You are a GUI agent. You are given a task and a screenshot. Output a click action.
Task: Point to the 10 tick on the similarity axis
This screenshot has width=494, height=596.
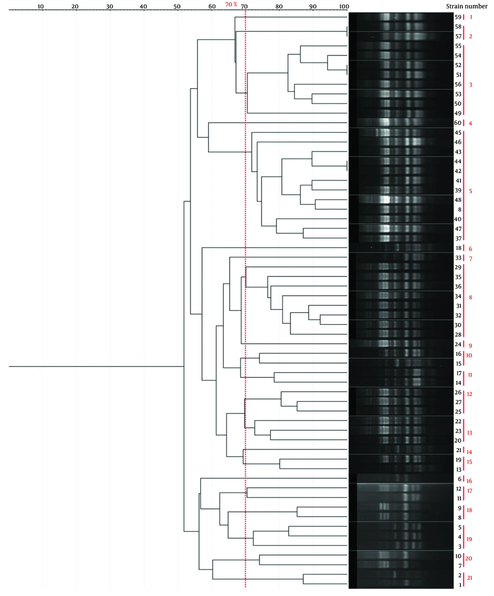click(41, 6)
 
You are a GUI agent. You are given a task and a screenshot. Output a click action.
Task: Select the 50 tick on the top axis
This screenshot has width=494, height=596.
click(177, 6)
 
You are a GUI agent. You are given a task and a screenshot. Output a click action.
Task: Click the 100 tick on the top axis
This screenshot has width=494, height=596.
click(343, 6)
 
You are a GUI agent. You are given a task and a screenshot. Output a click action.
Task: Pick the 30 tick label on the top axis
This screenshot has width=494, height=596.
click(109, 6)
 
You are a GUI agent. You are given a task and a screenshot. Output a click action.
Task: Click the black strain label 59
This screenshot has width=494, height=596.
click(458, 17)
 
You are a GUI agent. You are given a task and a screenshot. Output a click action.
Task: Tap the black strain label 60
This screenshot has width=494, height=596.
click(458, 123)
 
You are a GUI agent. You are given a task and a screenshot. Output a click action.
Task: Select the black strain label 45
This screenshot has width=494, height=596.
click(458, 133)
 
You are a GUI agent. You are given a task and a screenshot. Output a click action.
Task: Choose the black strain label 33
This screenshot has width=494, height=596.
click(458, 258)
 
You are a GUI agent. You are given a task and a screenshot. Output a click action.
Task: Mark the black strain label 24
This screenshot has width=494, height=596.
click(458, 344)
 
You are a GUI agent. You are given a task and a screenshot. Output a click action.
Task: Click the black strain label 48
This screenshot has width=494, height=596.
click(458, 200)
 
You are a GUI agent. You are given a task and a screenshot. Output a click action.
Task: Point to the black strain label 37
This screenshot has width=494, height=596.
click(458, 238)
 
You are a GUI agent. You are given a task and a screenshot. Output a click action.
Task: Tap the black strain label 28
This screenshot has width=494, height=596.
click(458, 335)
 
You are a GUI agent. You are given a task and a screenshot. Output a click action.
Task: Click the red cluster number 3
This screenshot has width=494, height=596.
click(470, 85)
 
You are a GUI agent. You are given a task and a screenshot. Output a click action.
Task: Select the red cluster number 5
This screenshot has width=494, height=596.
click(470, 191)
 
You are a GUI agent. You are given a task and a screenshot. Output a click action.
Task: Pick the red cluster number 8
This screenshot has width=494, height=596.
click(470, 297)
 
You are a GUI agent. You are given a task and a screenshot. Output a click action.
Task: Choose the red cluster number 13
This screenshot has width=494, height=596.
click(470, 433)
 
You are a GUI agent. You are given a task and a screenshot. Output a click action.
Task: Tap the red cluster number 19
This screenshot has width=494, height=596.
click(470, 539)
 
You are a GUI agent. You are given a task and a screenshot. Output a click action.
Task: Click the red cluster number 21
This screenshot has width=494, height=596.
click(470, 578)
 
